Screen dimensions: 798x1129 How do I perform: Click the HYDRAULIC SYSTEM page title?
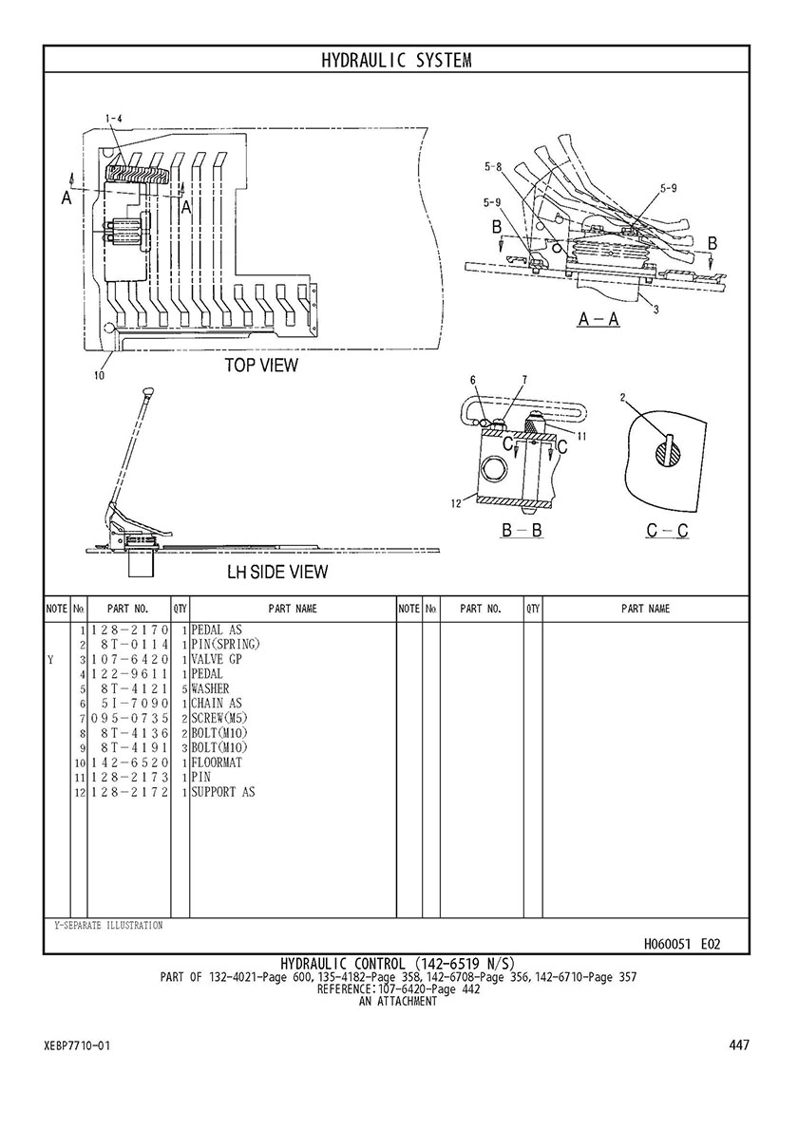tap(396, 60)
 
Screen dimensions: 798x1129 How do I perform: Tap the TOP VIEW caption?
tap(260, 365)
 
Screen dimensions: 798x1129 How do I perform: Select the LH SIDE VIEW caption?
tap(277, 573)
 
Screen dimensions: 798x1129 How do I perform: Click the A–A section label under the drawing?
tap(598, 319)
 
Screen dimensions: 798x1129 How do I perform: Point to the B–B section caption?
tap(522, 531)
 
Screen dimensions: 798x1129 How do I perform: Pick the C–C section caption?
tap(667, 532)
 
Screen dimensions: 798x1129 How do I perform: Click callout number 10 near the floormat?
tap(99, 374)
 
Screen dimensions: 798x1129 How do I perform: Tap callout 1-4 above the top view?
tap(113, 118)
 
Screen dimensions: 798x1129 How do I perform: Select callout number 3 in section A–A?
tap(656, 310)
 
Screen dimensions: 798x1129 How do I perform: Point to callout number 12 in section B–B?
tap(456, 504)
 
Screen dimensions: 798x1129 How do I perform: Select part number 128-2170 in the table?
tap(129, 630)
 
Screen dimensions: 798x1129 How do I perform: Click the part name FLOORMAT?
tap(217, 762)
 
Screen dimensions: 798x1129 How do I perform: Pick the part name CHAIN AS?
tap(217, 704)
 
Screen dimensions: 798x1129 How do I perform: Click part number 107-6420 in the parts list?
tap(129, 660)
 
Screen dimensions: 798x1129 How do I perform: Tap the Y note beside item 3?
tap(50, 660)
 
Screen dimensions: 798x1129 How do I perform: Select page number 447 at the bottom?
tap(739, 1044)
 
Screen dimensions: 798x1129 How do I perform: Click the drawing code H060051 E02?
tap(681, 944)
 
